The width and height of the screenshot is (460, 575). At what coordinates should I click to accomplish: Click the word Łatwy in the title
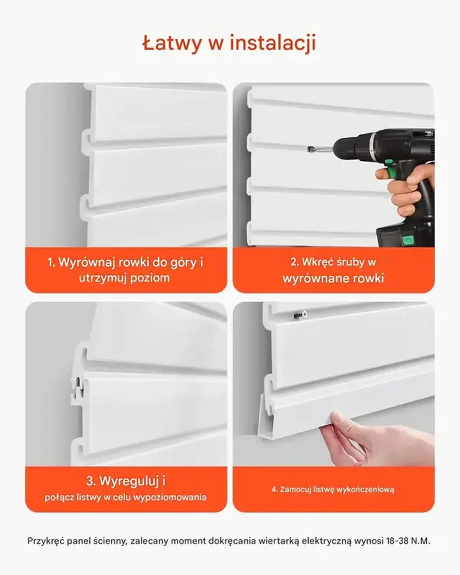tap(172, 43)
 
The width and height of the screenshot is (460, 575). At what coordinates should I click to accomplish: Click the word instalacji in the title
tap(273, 43)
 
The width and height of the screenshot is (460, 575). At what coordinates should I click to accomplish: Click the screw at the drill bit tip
tap(310, 149)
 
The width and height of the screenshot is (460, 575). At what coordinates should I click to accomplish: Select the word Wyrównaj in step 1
tap(87, 262)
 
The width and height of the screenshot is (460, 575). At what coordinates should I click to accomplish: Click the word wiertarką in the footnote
tap(278, 540)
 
